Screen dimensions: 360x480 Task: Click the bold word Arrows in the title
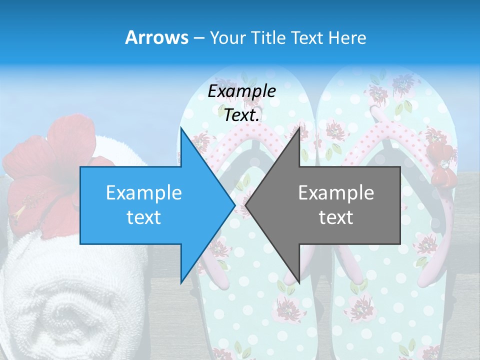[157, 37]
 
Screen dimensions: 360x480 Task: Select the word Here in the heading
[347, 37]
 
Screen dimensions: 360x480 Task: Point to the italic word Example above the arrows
[242, 91]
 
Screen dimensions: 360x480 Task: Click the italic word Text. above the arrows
[242, 115]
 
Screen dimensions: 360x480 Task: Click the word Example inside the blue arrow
[144, 192]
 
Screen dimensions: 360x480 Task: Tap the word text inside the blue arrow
[144, 217]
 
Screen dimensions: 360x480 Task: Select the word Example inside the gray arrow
[336, 192]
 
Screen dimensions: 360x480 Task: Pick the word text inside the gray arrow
[336, 217]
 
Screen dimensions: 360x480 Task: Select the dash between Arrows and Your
[198, 38]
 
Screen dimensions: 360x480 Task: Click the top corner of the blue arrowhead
[181, 128]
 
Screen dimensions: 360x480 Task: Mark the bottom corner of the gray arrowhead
[299, 282]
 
